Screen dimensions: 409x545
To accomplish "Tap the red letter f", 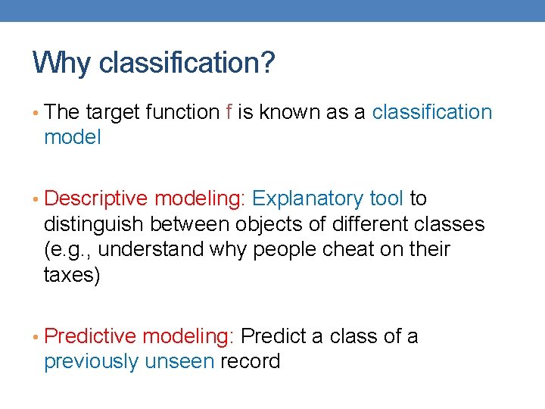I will tap(229, 112).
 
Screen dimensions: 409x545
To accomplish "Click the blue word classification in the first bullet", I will tap(432, 112).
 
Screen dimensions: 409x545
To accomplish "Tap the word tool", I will tap(387, 198).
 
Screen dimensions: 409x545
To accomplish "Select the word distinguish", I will tap(94, 223).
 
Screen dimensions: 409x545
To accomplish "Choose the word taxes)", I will tap(72, 273).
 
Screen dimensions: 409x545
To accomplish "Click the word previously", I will tap(92, 361).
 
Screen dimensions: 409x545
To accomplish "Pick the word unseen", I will tap(179, 361).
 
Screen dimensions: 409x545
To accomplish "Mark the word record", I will tap(251, 361).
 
